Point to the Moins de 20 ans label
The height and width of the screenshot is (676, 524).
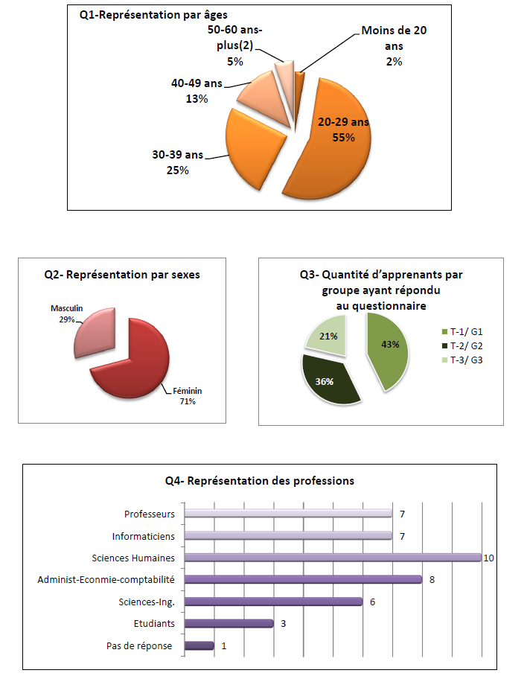(394, 46)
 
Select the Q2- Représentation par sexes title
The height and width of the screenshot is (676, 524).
(122, 275)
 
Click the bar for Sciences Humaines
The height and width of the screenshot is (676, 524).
(332, 558)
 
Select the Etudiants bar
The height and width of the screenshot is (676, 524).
(228, 624)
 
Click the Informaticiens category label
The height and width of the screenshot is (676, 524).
(144, 536)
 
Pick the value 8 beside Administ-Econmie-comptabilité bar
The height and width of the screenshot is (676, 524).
(432, 580)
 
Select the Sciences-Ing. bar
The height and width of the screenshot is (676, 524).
(272, 602)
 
